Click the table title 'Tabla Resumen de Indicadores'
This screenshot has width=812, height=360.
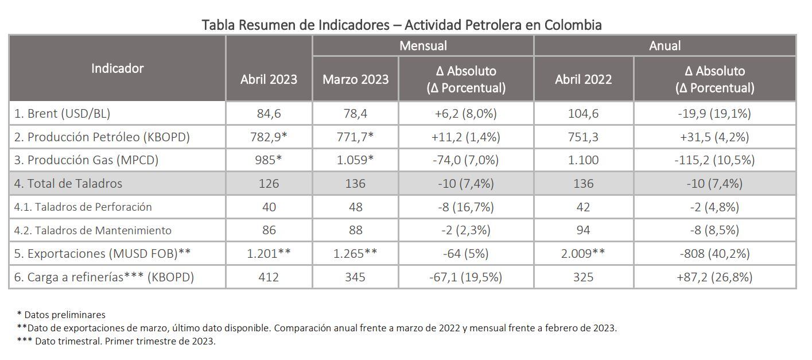click(x=401, y=25)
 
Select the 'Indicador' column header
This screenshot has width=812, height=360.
click(x=117, y=68)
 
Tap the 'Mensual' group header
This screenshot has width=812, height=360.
click(x=423, y=45)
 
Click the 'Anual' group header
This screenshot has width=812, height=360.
click(x=665, y=45)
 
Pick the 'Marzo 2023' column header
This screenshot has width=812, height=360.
click(x=355, y=79)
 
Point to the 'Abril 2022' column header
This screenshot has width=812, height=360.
click(x=583, y=79)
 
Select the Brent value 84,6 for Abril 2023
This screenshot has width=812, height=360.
click(x=269, y=114)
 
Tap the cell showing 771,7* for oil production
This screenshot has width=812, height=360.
click(x=355, y=137)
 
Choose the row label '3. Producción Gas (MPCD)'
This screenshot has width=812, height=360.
click(x=86, y=160)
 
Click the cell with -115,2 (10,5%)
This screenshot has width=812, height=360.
click(x=714, y=160)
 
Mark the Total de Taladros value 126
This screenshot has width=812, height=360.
click(x=269, y=184)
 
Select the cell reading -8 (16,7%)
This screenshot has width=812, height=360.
click(x=465, y=207)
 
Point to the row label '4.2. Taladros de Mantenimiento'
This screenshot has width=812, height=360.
click(x=93, y=230)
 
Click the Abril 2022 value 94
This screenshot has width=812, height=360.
click(x=583, y=230)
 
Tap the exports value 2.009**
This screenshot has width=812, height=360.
click(x=583, y=254)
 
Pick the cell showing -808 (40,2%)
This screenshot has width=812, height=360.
click(x=714, y=254)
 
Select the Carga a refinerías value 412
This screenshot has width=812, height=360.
click(x=269, y=277)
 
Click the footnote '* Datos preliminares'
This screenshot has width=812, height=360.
click(x=61, y=315)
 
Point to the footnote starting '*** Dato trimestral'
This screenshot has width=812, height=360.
click(x=116, y=341)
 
